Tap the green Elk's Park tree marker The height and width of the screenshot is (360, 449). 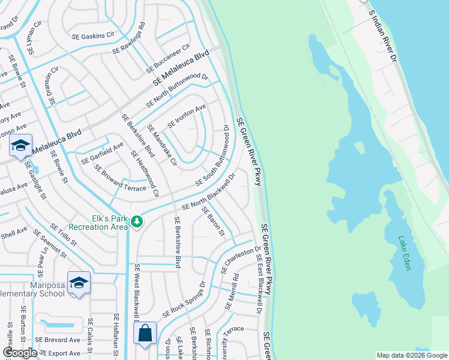click(137, 222)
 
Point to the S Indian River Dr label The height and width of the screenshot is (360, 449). click(382, 35)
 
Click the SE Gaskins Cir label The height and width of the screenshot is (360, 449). click(94, 36)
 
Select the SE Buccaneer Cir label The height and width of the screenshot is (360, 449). click(167, 59)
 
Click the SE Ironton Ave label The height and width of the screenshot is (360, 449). click(187, 116)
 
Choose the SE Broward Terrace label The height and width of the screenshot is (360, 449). click(120, 178)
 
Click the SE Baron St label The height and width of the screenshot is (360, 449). click(213, 221)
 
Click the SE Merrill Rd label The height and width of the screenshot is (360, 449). click(232, 292)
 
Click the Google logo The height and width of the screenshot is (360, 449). click(20, 353)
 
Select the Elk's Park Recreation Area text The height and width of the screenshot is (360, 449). click(98, 223)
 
